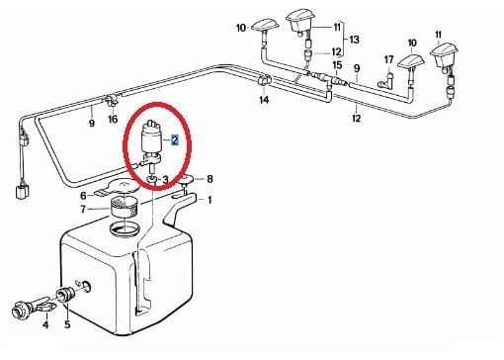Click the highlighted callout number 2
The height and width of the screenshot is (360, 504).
[174, 140]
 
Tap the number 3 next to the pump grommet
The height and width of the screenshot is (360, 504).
[165, 180]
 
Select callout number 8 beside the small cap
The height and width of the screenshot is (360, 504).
[210, 179]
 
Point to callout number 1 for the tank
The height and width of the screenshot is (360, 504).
[210, 200]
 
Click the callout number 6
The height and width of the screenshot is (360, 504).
[83, 196]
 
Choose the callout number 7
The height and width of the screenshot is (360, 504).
[83, 210]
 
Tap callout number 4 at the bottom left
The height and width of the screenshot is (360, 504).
[45, 324]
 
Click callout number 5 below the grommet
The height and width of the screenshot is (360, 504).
[67, 324]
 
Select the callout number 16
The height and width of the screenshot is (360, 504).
[113, 119]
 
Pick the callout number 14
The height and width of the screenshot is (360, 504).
[264, 100]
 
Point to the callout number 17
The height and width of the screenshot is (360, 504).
[389, 60]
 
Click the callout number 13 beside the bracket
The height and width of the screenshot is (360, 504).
[354, 40]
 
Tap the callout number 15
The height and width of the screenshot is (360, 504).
[337, 65]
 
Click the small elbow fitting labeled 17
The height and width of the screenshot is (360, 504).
[385, 81]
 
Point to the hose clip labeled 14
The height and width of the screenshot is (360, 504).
[264, 80]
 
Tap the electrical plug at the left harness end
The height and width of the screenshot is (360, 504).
[22, 191]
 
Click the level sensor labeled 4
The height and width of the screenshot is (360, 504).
[33, 307]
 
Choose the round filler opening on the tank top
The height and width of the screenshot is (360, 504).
[126, 228]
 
